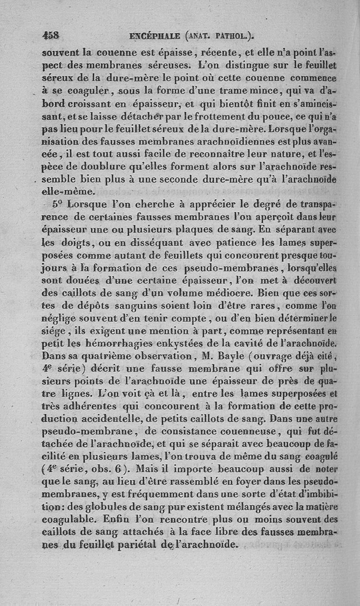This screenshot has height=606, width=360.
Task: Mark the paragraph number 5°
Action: tap(57, 203)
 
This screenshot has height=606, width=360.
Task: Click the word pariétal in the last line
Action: tap(131, 544)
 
